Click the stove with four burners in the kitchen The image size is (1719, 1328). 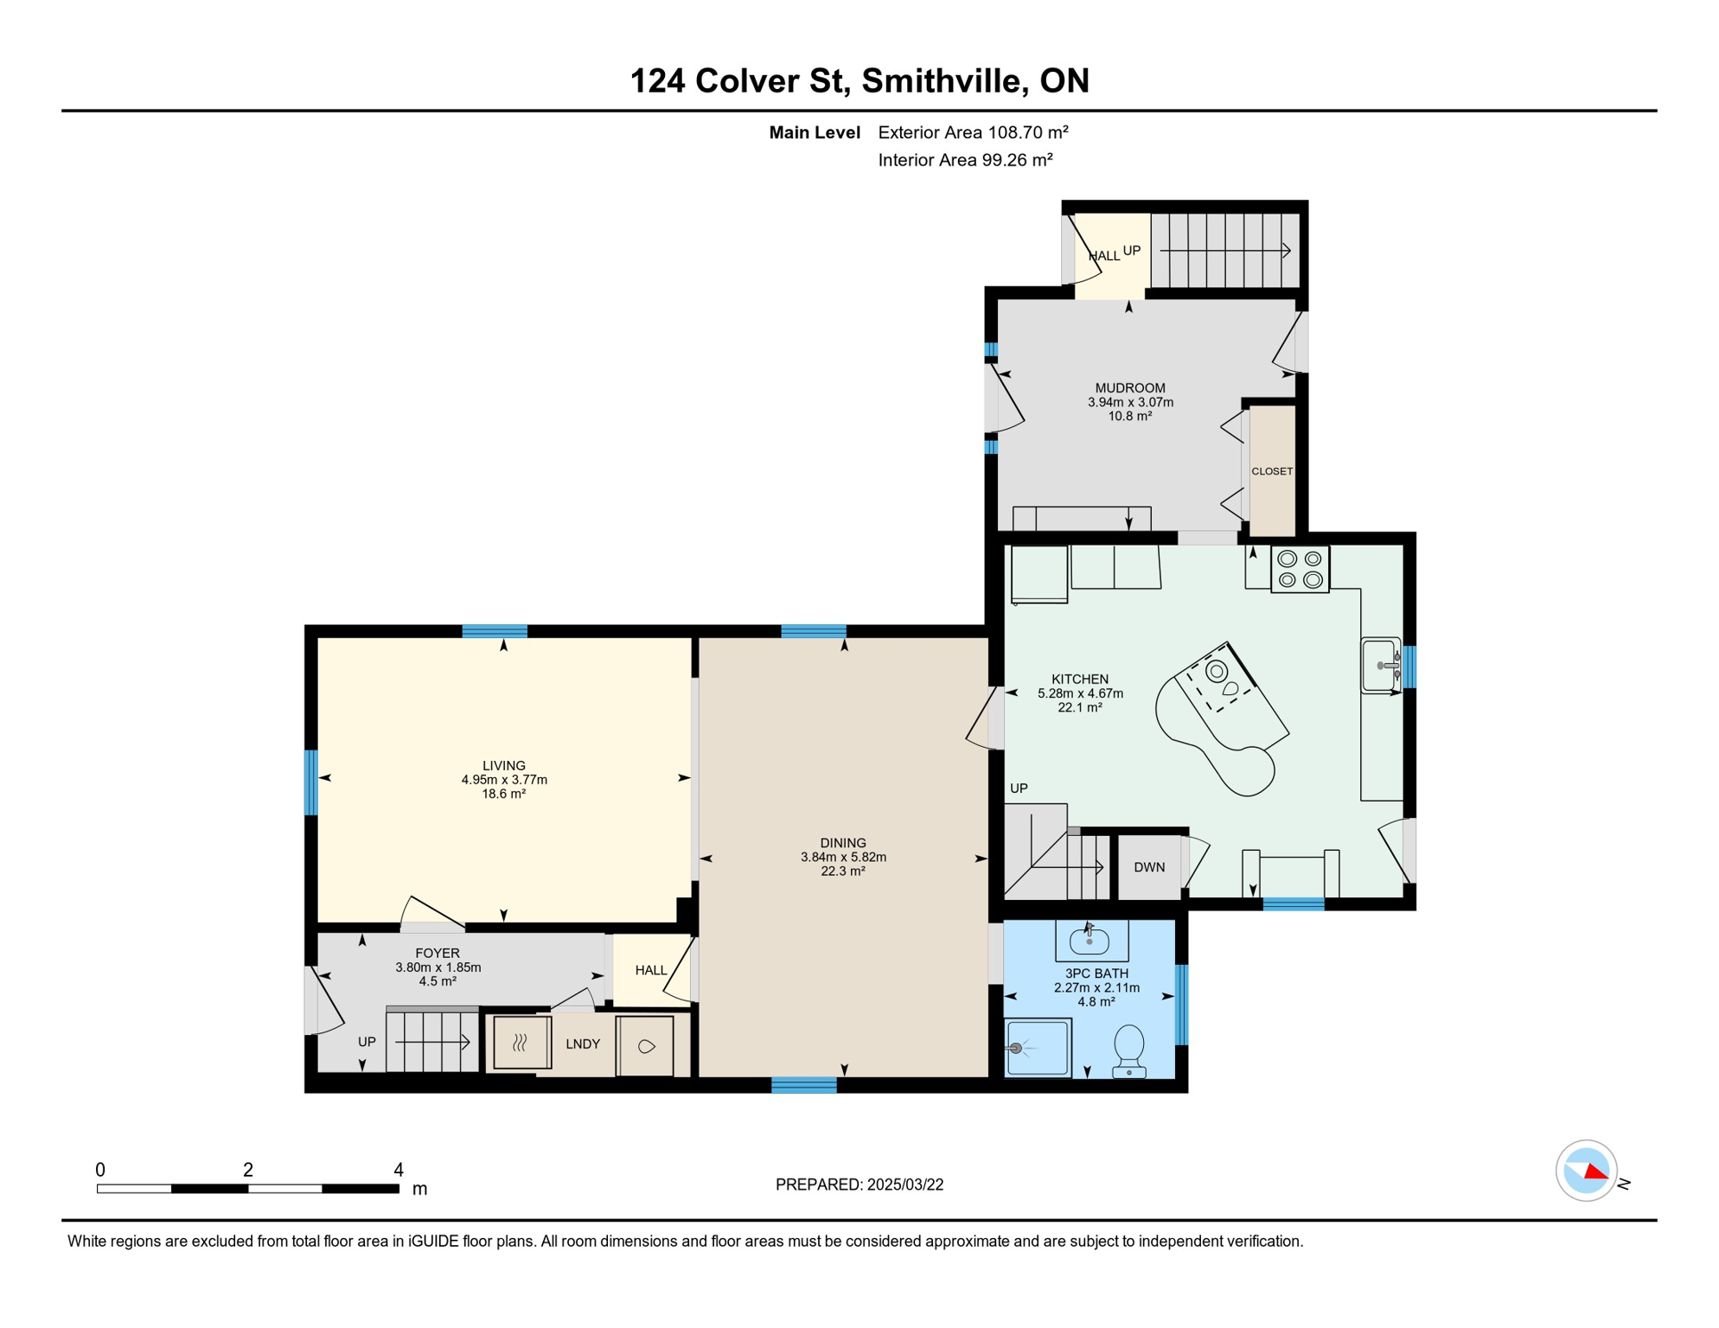[1300, 570]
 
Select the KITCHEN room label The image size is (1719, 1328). [1080, 680]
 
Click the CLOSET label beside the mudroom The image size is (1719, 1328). [1272, 471]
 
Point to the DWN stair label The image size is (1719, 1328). [1149, 867]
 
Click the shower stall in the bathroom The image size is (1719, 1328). [1038, 1048]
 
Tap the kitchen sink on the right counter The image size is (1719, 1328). [1380, 665]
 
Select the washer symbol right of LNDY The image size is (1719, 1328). [645, 1046]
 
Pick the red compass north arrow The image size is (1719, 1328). [1596, 1172]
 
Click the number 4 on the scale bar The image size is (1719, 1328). [399, 1170]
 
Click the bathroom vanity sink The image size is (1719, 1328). [1090, 940]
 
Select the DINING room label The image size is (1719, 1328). [843, 843]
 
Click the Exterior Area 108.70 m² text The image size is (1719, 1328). [973, 132]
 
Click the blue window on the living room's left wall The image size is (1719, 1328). [311, 782]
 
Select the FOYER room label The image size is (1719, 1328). [438, 953]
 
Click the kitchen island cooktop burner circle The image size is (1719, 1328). [1217, 670]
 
